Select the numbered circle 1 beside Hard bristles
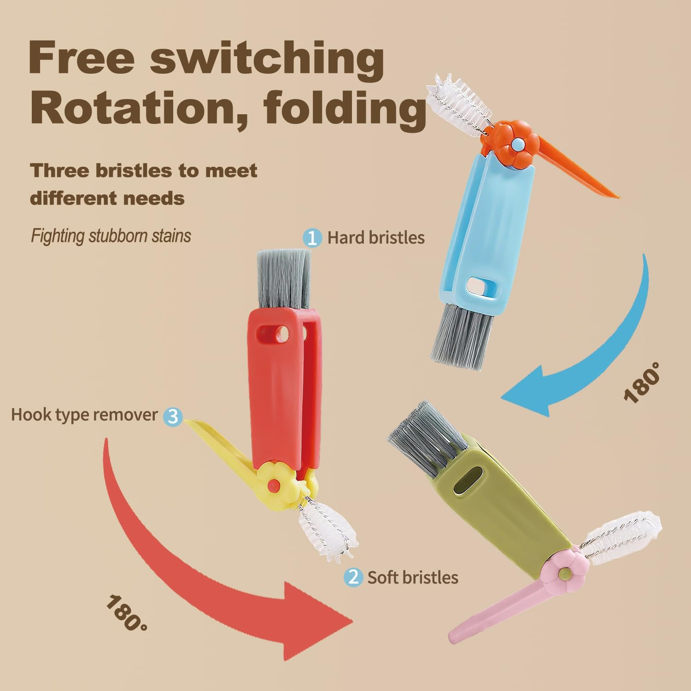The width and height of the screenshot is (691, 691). pyautogui.click(x=312, y=238)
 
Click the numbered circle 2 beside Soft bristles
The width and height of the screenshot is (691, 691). pyautogui.click(x=353, y=577)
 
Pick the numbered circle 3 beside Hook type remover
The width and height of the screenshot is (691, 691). pyautogui.click(x=173, y=416)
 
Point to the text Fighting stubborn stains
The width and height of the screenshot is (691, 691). pyautogui.click(x=111, y=236)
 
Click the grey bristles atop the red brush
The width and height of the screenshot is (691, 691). pyautogui.click(x=284, y=278)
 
